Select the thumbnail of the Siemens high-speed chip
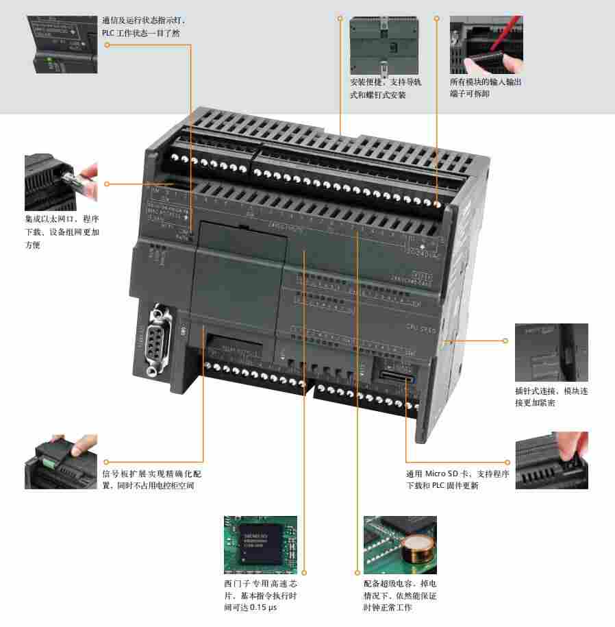(260, 545)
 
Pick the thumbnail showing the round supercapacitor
(400, 545)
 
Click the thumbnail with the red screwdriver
(486, 45)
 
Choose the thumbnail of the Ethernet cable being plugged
(61, 182)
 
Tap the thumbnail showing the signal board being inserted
(61, 461)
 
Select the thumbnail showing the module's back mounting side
(384, 45)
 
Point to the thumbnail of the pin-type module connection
(551, 352)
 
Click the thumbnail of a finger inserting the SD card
(551, 460)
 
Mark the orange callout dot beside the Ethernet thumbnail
(107, 184)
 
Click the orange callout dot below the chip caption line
(304, 571)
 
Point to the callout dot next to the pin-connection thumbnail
(506, 341)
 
